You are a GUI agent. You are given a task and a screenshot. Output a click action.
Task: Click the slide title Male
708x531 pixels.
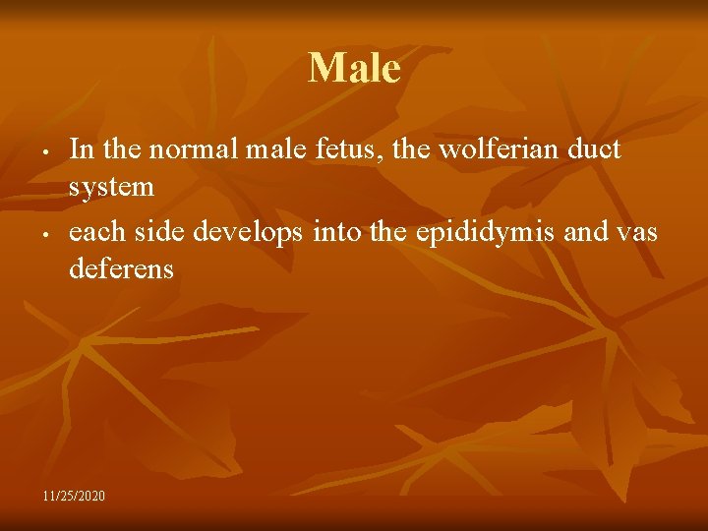(x=354, y=69)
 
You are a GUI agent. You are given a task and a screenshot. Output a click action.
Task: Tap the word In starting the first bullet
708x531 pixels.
(x=82, y=149)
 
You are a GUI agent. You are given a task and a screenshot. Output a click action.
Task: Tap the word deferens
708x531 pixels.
(x=121, y=268)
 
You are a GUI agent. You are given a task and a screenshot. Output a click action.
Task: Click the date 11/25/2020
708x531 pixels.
(x=74, y=494)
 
